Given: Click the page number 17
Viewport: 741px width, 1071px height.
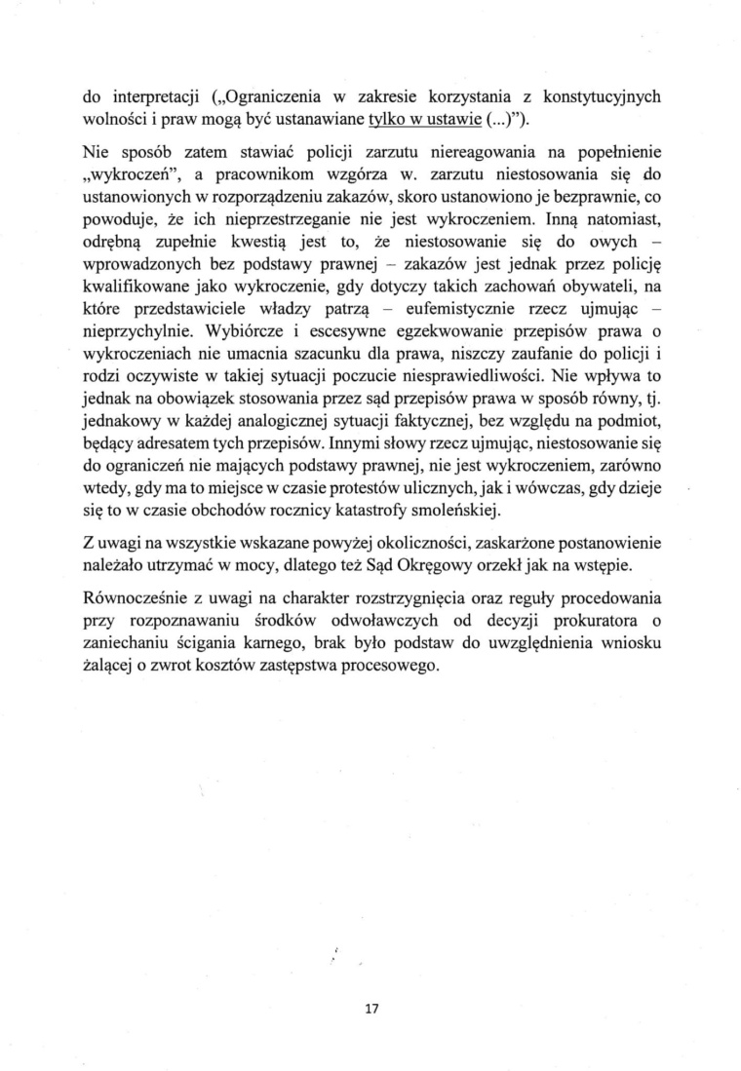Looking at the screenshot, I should [370, 1009].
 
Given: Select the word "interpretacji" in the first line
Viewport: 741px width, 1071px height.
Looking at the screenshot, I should [151, 96].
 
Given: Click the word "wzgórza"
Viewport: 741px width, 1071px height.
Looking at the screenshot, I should [364, 174].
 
